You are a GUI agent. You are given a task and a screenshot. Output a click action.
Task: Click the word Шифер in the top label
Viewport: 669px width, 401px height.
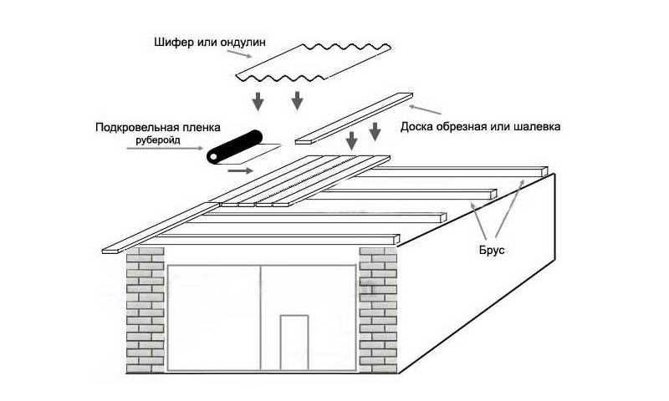pos(173,42)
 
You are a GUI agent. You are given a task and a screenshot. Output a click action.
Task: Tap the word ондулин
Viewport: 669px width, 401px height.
pos(243,42)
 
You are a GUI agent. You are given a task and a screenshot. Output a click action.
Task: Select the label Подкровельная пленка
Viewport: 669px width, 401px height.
pos(158,128)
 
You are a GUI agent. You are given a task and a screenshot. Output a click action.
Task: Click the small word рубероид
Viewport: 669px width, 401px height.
pos(158,140)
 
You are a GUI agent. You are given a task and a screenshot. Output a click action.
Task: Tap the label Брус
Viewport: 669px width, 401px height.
pos(492,250)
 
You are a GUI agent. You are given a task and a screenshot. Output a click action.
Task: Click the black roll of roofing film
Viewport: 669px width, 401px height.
pos(234,146)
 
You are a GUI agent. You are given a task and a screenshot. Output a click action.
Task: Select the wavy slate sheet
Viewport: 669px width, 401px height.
pos(314,62)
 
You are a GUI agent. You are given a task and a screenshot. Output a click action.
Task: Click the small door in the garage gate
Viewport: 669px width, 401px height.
pos(294,343)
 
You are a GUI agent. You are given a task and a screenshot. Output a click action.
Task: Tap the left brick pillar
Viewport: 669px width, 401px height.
pos(145,310)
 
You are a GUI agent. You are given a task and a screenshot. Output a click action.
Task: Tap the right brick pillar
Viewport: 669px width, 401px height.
pos(378,310)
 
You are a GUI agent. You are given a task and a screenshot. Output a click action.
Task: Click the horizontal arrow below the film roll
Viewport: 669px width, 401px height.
pos(240,171)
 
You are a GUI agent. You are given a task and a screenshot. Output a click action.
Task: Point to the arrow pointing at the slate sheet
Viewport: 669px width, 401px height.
pos(239,53)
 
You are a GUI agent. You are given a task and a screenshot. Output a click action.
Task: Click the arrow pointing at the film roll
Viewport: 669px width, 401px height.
pos(165,149)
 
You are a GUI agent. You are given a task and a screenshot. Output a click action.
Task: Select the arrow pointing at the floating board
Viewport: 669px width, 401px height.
pos(425,109)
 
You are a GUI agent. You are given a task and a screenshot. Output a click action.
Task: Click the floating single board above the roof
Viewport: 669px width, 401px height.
pos(354,119)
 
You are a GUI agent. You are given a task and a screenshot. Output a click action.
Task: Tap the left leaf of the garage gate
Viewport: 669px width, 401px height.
pos(213,318)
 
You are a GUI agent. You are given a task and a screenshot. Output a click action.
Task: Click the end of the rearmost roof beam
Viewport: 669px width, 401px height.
pos(544,171)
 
